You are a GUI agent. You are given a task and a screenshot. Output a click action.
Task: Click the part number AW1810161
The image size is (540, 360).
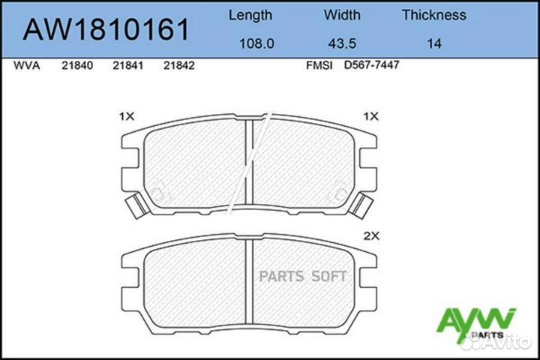(x=106, y=29)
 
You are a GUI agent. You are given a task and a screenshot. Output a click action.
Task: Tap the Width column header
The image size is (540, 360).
(x=342, y=15)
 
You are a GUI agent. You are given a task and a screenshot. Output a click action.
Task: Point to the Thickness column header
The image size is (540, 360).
(x=433, y=15)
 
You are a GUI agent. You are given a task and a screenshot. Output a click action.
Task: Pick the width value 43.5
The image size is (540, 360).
(x=342, y=43)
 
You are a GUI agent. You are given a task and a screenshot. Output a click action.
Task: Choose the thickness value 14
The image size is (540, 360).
(x=433, y=43)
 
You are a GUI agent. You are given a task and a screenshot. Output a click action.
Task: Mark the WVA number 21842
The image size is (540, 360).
(x=179, y=65)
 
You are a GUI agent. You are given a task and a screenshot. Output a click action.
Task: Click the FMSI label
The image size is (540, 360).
(x=317, y=65)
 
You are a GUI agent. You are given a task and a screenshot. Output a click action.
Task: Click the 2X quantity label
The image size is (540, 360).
(x=372, y=235)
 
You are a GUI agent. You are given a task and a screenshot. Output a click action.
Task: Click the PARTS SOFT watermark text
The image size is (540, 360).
(x=303, y=276)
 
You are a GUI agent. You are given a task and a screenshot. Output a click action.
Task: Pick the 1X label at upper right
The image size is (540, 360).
(x=371, y=116)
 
